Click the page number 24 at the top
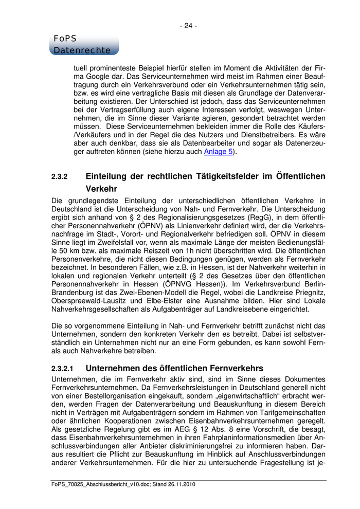click(188, 26)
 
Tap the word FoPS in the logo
click(64, 39)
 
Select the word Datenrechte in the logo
click(82, 50)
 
